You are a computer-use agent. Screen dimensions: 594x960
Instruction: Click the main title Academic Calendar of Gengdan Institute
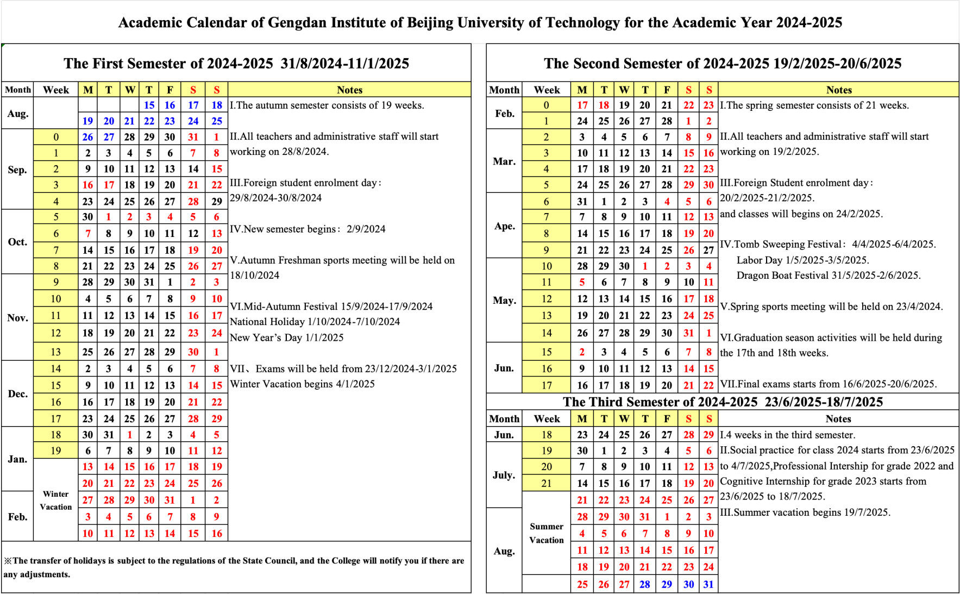(480, 23)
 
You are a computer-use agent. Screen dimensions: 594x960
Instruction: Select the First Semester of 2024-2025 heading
(236, 64)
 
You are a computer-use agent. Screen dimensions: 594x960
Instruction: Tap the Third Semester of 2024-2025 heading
(723, 402)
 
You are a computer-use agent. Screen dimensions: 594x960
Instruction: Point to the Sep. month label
(17, 170)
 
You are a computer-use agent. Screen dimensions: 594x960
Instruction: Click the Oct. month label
(17, 242)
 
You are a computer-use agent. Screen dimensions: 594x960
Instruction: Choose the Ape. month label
(504, 226)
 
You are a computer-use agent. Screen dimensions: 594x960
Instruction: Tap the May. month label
(504, 301)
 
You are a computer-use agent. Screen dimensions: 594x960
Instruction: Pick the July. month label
(504, 475)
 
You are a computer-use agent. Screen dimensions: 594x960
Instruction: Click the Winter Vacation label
(55, 501)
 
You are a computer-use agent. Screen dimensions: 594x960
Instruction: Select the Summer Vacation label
(547, 533)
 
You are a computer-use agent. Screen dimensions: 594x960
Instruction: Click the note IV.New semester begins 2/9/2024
(308, 229)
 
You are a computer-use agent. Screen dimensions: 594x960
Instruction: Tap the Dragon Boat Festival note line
(829, 276)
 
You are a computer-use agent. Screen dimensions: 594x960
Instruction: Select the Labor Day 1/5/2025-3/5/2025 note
(802, 260)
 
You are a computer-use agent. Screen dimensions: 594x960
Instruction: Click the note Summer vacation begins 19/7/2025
(805, 512)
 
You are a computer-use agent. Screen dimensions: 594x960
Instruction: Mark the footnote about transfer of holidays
(234, 567)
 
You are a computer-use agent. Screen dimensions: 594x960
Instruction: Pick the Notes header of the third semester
(838, 419)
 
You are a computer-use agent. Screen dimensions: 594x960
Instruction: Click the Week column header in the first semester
(56, 90)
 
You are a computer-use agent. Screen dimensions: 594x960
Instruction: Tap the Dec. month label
(17, 393)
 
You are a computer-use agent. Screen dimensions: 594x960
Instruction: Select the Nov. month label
(17, 317)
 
